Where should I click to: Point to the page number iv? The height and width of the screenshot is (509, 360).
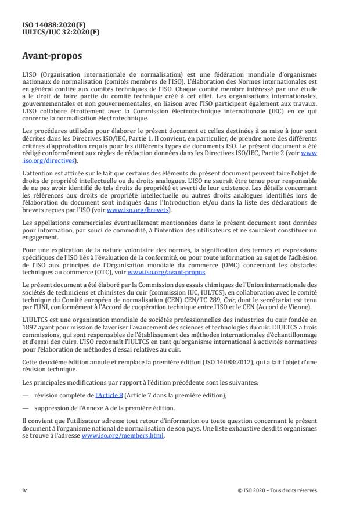click(24, 490)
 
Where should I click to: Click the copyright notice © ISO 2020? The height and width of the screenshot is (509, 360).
click(278, 490)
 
